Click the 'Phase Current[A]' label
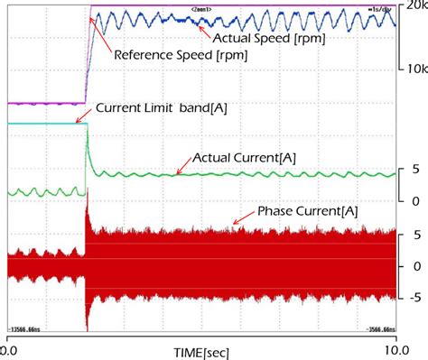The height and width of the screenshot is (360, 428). pos(308,210)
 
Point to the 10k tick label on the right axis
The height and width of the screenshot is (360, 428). pos(413,69)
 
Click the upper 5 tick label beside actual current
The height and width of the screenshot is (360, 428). pos(414,169)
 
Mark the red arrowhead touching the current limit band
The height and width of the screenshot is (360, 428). pos(78,121)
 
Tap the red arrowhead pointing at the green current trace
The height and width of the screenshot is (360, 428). pos(178,171)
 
